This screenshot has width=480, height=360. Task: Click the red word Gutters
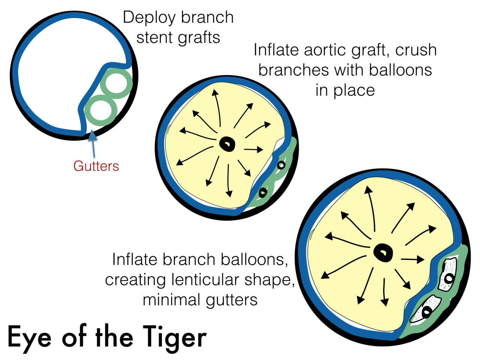click(x=96, y=166)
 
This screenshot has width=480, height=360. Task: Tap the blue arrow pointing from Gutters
click(x=93, y=144)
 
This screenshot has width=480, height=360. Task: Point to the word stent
click(x=153, y=37)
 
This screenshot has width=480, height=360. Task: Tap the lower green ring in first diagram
click(x=100, y=111)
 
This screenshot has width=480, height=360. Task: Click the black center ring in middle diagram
click(x=227, y=143)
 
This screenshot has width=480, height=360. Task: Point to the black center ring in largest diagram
click(x=383, y=252)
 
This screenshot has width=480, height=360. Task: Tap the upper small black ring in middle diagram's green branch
click(x=281, y=165)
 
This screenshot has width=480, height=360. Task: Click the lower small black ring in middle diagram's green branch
click(x=263, y=192)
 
